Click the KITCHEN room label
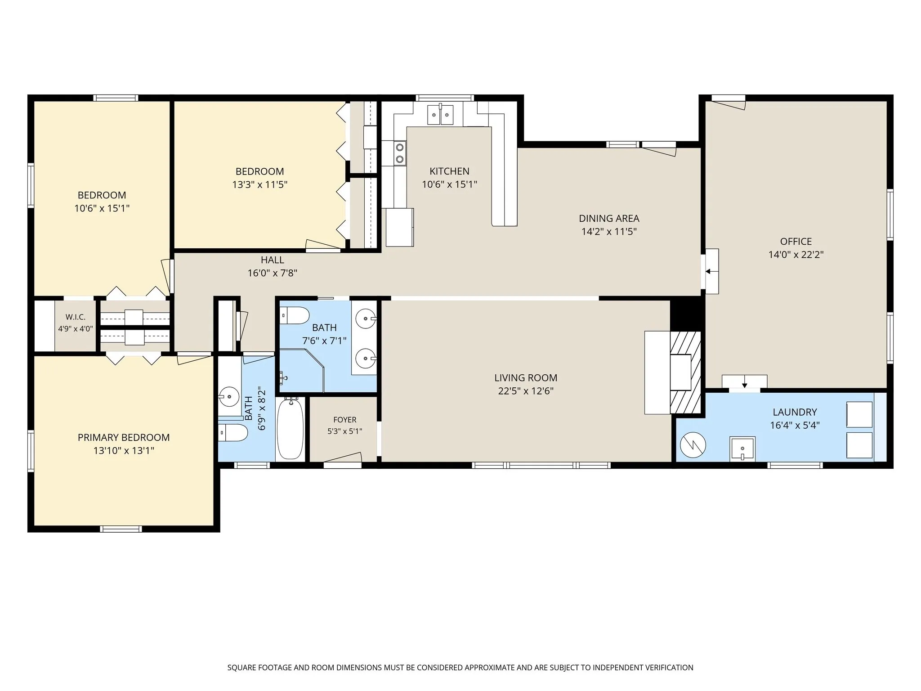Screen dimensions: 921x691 [449, 171]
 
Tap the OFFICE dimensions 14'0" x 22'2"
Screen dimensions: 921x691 [796, 255]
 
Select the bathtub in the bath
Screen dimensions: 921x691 [290, 429]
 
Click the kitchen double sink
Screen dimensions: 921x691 [440, 114]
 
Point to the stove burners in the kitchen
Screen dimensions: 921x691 [399, 153]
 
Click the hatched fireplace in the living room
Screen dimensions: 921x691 [685, 372]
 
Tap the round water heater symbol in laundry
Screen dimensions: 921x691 [693, 445]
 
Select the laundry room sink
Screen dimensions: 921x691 [742, 449]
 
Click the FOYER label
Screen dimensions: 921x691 [345, 420]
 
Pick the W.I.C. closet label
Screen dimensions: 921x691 [76, 318]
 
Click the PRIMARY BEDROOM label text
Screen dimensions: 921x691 [124, 438]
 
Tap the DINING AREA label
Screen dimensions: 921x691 [609, 219]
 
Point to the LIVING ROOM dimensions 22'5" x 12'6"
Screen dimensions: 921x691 [526, 391]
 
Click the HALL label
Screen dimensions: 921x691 [273, 260]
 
